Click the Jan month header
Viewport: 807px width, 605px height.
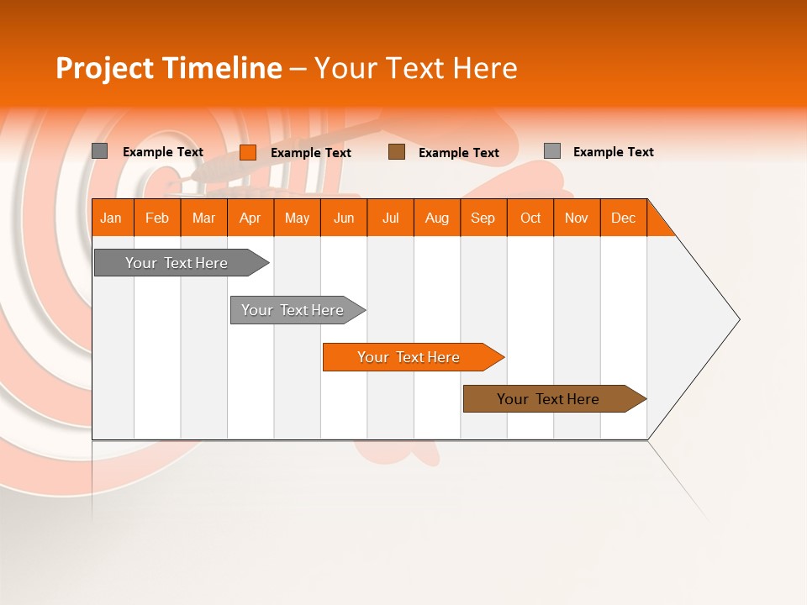coord(112,218)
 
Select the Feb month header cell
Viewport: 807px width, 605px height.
coord(157,218)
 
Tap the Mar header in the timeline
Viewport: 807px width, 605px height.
coord(203,218)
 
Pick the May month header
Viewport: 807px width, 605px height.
coord(297,218)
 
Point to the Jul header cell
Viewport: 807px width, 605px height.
coord(390,218)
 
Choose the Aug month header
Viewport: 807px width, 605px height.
coord(436,218)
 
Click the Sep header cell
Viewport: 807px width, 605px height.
coord(483,218)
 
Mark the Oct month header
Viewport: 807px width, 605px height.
coord(530,218)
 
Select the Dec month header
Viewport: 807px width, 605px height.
coord(623,218)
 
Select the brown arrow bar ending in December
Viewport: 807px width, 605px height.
coord(551,399)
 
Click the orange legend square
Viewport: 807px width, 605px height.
coord(248,152)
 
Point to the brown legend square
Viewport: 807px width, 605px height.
coord(397,152)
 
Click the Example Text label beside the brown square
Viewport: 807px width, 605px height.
coord(459,153)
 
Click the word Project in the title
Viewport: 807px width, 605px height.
coord(104,68)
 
